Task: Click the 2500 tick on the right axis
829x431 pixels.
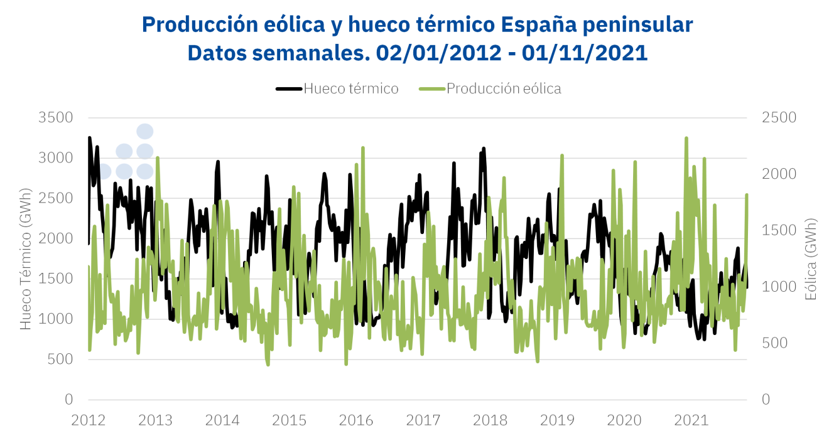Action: [778, 117]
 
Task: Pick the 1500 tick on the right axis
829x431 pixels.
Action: [778, 230]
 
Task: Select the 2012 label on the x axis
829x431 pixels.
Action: [89, 419]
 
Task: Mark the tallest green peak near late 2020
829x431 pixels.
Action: [686, 137]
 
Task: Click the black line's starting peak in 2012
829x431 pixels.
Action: [89, 137]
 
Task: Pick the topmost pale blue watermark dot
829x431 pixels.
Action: [145, 131]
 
